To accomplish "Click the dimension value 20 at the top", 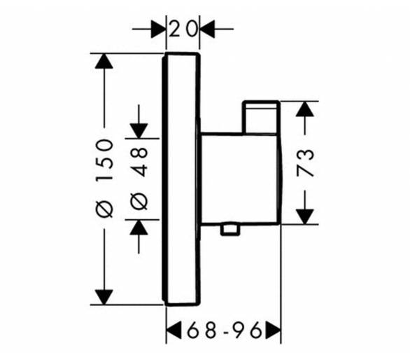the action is [x=183, y=29].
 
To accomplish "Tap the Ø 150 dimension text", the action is [x=104, y=179].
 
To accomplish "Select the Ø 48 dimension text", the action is [x=139, y=179].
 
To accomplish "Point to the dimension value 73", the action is [x=305, y=163].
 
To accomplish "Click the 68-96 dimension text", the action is [x=224, y=330].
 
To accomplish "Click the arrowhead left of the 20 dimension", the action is [x=158, y=29].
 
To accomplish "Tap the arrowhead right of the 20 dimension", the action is [x=208, y=29].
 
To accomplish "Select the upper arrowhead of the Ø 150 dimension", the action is [x=104, y=61].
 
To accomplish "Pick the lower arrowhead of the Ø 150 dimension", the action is [x=104, y=298].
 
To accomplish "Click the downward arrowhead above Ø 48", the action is [x=139, y=131].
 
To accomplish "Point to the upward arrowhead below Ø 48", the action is [x=139, y=227].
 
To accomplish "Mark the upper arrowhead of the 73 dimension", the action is [x=304, y=109].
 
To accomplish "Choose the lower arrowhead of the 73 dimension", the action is [x=304, y=217].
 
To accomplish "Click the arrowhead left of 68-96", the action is [x=174, y=330].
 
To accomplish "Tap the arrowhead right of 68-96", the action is [x=274, y=330].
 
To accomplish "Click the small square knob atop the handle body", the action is [x=261, y=117].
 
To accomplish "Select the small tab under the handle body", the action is [x=230, y=230].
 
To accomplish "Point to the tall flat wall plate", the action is [x=181, y=179].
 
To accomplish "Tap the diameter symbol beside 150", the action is [x=104, y=209].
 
